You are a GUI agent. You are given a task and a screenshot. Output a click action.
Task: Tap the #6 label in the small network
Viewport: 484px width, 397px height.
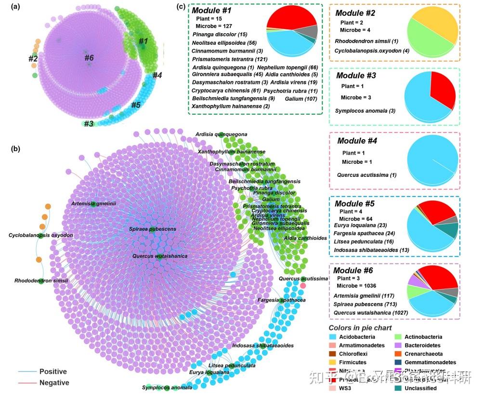pyautogui.click(x=90, y=58)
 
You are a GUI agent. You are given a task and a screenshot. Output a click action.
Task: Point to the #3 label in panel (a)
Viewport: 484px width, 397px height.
pyautogui.click(x=88, y=124)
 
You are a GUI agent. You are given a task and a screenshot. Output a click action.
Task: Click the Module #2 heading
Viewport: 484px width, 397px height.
pyautogui.click(x=355, y=13)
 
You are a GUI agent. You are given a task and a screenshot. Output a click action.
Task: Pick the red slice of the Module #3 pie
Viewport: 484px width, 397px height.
pyautogui.click(x=442, y=90)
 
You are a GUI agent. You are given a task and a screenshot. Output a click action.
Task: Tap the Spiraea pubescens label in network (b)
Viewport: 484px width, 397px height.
pyautogui.click(x=152, y=229)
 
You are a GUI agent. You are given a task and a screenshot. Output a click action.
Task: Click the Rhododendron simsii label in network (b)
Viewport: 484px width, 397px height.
pyautogui.click(x=41, y=280)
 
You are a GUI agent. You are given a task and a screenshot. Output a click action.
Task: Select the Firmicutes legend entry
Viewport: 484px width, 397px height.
pyautogui.click(x=353, y=362)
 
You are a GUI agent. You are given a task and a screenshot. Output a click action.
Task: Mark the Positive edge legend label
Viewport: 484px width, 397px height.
pyautogui.click(x=53, y=371)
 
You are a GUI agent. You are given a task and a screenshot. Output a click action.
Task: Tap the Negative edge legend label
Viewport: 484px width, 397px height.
pyautogui.click(x=54, y=383)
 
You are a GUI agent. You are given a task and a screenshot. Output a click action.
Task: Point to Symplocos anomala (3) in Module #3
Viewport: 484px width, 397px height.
pyautogui.click(x=365, y=111)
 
